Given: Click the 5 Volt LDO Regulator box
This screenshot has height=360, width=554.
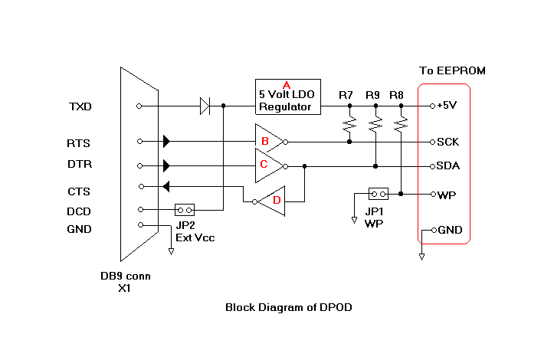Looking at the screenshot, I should coord(288,97).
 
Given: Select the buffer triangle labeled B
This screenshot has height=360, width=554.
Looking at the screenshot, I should coord(269,141).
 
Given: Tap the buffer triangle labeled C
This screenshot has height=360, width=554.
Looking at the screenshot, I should coord(269,165).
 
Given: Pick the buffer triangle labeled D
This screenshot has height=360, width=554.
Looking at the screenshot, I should coord(272,201).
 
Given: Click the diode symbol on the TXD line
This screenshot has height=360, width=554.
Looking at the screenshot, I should coord(205,106).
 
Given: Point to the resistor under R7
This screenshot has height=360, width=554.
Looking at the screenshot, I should coord(349,122).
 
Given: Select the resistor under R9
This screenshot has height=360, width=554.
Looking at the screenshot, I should coord(375,122).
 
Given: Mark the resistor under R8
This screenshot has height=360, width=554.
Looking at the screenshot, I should coord(400,122).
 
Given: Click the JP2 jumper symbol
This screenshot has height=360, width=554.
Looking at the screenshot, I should coord(185,209).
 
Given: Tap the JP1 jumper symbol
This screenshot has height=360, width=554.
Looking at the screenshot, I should coord(378,194).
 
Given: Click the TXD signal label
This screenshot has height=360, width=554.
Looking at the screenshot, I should coord(80,106).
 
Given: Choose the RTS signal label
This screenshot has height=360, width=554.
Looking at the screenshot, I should coord(79,142).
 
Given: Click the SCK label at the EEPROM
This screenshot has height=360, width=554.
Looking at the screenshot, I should coord(447,142).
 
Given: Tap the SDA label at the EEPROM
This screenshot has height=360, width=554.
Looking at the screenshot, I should coord(447,165).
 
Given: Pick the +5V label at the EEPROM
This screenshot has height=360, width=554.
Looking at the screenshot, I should coord(447,106).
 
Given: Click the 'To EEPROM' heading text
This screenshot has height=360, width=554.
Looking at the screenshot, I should coord(452,71).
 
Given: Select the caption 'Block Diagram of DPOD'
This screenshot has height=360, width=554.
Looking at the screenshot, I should coord(288,307).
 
